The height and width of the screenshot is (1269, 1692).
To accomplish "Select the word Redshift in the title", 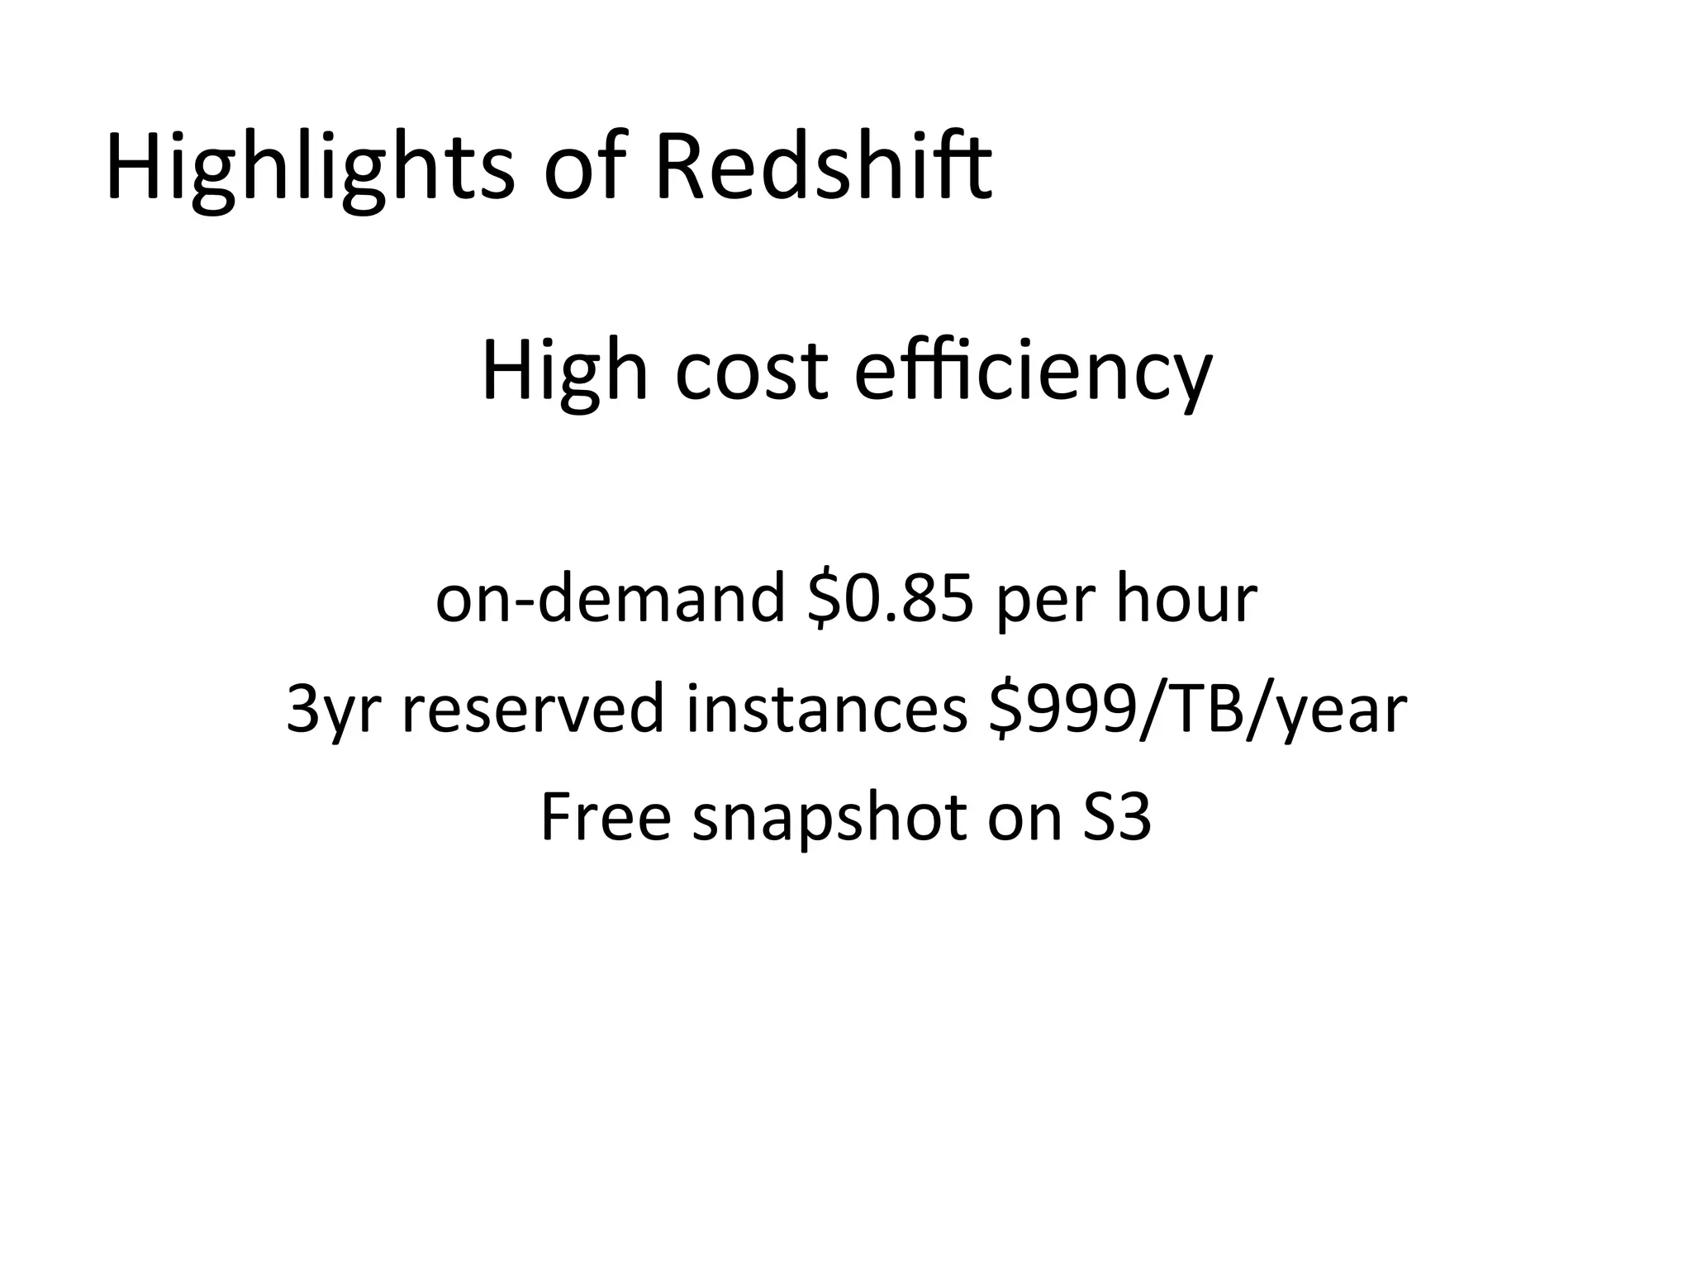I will click(823, 169).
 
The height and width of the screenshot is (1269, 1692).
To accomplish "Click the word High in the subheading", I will click(564, 372).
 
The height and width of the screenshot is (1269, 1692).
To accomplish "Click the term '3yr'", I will click(335, 711).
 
